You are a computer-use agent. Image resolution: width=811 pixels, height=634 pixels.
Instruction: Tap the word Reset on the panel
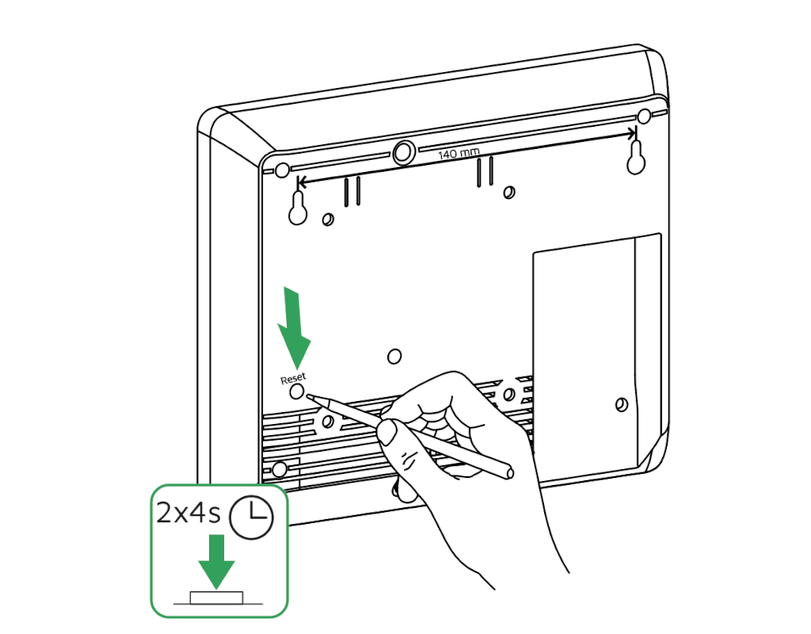(x=293, y=379)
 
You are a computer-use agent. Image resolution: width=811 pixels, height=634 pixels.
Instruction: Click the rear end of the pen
(x=508, y=473)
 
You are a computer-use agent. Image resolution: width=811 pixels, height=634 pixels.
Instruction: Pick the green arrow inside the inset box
(x=216, y=560)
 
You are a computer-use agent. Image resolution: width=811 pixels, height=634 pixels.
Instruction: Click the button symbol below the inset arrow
(x=216, y=597)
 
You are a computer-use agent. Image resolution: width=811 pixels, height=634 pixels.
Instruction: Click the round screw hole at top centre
(x=404, y=151)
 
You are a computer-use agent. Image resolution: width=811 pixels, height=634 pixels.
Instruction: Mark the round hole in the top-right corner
(x=644, y=116)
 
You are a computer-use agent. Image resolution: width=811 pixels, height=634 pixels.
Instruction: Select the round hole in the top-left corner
(x=282, y=170)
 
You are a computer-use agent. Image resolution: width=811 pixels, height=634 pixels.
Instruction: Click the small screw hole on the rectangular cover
(x=622, y=404)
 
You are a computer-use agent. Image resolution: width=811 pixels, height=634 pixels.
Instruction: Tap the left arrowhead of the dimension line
(x=299, y=181)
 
